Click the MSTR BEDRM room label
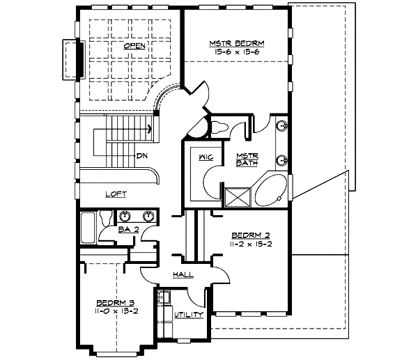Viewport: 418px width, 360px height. coord(237,43)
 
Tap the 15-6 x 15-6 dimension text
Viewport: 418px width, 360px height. coord(237,52)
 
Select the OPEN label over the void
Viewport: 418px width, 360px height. coord(134,46)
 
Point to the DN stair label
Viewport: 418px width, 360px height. coord(142,155)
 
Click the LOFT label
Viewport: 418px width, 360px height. coord(116,194)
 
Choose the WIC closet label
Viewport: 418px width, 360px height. coord(206,157)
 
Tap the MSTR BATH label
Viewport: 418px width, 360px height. coord(247,159)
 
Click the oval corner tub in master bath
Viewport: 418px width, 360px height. coord(270,190)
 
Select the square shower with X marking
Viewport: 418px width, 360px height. coord(238,198)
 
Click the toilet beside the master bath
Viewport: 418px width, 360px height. coord(219,127)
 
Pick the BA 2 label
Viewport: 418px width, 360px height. coord(128,229)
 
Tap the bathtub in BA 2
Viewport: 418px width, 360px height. coord(88,228)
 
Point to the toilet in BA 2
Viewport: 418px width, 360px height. coord(106,218)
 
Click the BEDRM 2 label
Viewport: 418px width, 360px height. coord(251,235)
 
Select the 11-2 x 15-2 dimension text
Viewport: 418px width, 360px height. coord(251,244)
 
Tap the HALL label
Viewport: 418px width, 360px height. coord(183,274)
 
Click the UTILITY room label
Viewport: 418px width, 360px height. coord(189,315)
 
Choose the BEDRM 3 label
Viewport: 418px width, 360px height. coord(115,303)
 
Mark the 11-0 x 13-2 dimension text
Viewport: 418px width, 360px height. coord(116,311)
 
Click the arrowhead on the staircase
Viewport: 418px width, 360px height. coord(150,130)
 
